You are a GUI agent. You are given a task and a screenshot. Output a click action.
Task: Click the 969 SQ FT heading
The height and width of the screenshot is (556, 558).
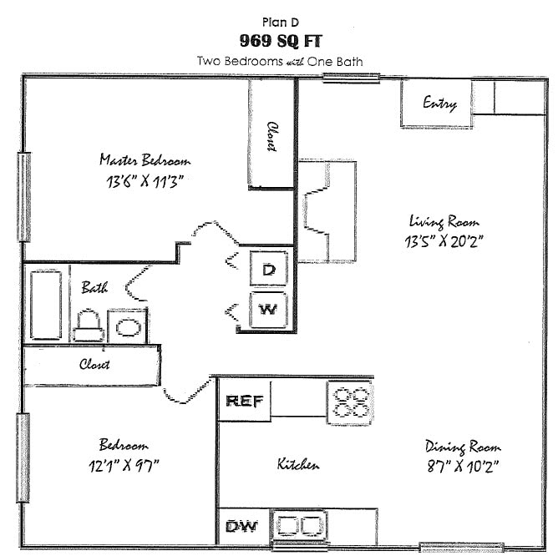click(278, 41)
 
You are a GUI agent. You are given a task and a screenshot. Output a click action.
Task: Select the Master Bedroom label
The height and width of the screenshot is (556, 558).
click(145, 160)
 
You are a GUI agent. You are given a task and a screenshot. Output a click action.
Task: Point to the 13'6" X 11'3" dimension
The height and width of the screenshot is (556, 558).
click(145, 181)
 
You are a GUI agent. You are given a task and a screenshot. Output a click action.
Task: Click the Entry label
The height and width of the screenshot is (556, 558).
click(439, 104)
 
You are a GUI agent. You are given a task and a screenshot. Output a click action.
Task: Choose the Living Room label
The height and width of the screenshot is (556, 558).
click(444, 222)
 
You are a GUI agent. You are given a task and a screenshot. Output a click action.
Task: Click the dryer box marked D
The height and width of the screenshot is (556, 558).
click(269, 269)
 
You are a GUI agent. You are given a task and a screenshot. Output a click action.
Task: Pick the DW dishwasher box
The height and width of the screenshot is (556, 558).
click(243, 527)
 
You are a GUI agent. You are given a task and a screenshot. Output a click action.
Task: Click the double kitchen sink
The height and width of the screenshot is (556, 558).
click(299, 526)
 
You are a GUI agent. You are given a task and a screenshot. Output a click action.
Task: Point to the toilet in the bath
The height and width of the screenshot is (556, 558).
click(88, 326)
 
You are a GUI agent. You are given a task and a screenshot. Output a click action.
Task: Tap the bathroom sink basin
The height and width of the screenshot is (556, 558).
click(128, 325)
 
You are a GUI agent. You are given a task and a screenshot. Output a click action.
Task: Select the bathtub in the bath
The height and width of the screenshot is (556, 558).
click(46, 304)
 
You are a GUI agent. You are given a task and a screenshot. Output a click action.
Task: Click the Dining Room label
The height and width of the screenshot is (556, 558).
click(463, 447)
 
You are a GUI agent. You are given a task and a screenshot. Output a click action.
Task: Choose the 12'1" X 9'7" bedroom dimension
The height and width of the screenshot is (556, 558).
click(124, 466)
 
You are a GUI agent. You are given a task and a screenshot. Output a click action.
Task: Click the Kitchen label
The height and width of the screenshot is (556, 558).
click(298, 464)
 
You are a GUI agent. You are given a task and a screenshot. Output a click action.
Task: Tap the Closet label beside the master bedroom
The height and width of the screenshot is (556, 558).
click(271, 136)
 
